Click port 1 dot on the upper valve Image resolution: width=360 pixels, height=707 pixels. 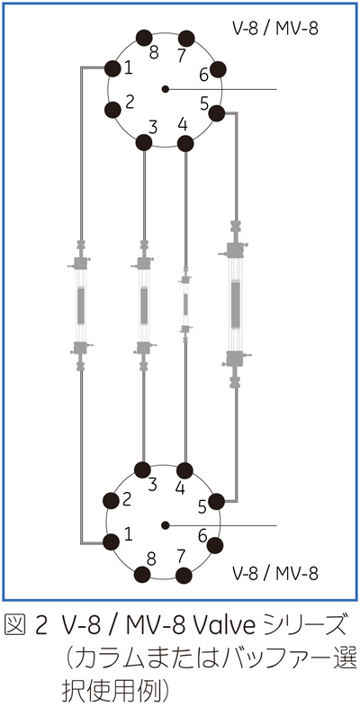(x=112, y=68)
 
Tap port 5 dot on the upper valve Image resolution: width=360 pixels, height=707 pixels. (x=217, y=113)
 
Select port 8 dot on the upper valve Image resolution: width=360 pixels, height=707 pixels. (x=144, y=38)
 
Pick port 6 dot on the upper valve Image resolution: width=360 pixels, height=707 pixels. (x=218, y=69)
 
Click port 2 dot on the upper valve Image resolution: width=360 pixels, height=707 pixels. (x=112, y=110)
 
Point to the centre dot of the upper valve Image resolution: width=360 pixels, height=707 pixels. (x=165, y=89)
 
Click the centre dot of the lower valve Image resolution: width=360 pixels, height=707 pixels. (x=165, y=525)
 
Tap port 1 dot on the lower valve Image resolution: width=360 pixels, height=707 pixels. (x=112, y=541)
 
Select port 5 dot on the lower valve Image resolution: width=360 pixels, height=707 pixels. (x=217, y=501)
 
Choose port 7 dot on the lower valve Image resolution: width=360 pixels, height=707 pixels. (x=184, y=576)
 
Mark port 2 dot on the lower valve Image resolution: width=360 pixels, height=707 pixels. (x=112, y=500)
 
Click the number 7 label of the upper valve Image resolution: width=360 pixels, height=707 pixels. (x=182, y=56)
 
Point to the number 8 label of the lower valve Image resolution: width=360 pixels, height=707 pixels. (x=152, y=559)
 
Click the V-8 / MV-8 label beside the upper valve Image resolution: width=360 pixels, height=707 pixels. (x=275, y=29)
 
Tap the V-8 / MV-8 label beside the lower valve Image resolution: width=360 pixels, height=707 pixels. (x=275, y=574)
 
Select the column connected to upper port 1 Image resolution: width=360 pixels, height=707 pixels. (x=81, y=306)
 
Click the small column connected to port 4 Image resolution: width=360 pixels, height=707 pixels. (x=185, y=304)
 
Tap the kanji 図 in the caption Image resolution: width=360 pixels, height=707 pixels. (x=14, y=629)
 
